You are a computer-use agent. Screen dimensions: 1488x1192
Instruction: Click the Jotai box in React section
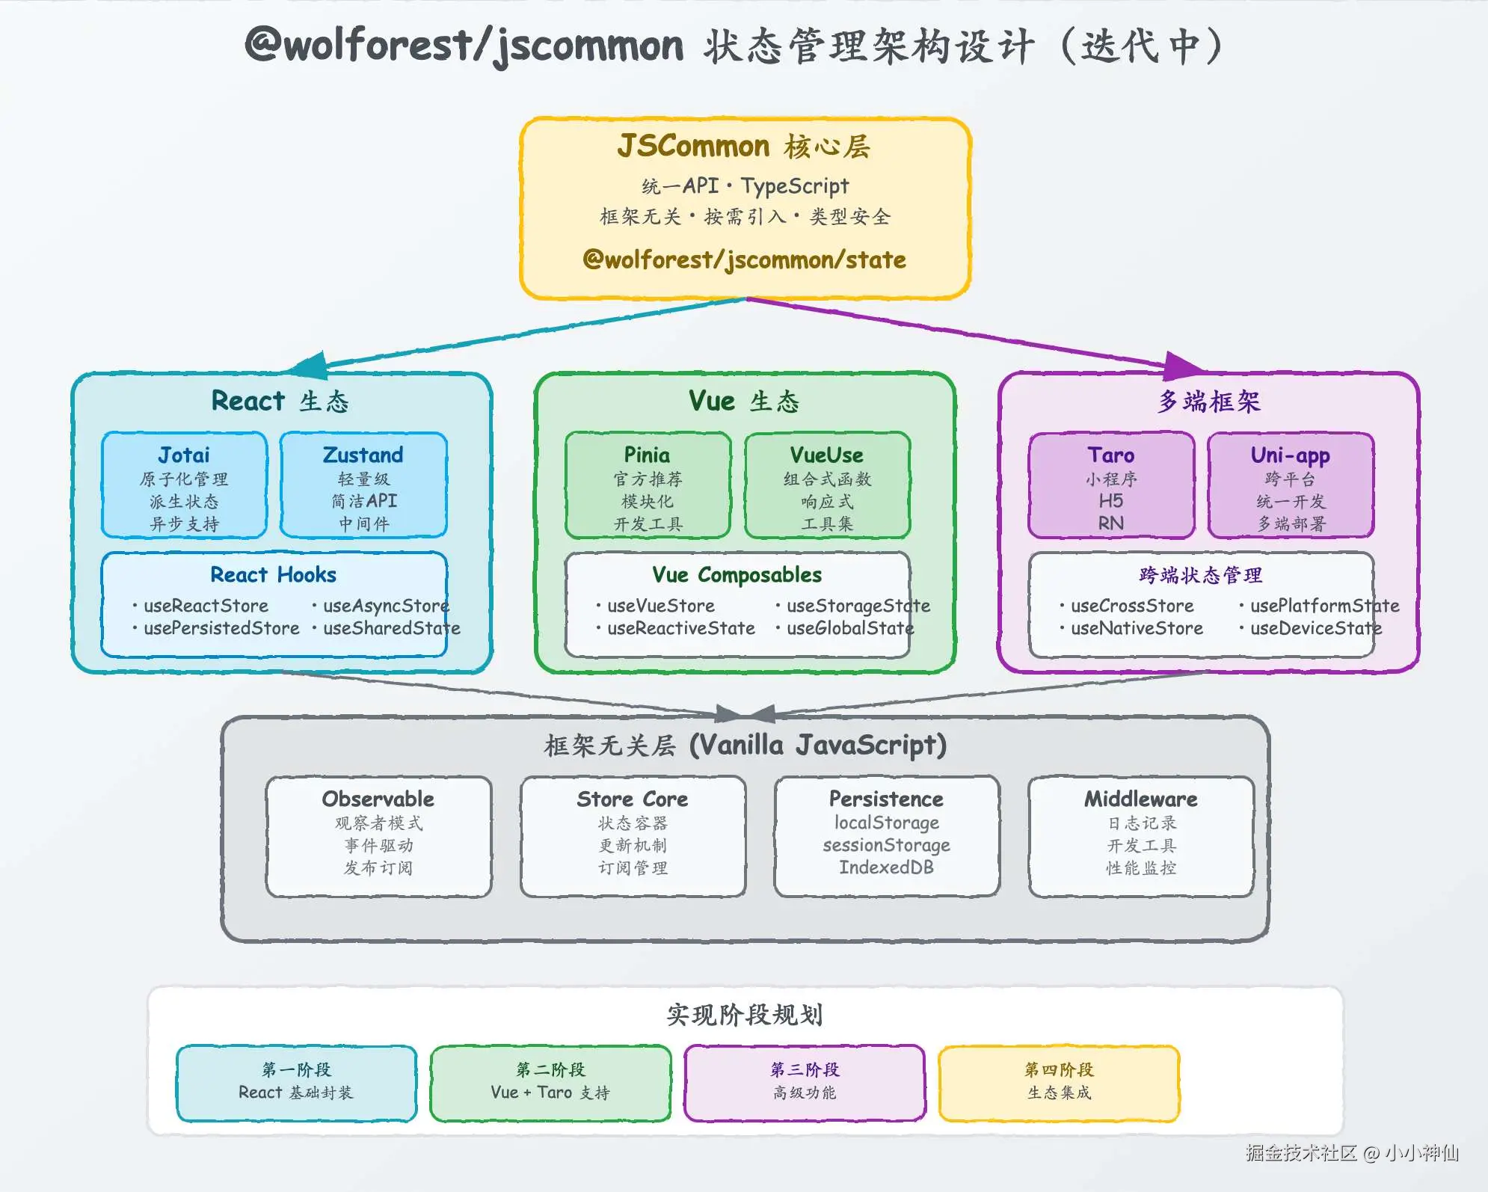pos(184,485)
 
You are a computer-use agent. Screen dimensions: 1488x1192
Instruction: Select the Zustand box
pos(363,485)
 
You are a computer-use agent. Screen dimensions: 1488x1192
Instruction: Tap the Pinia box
pos(648,485)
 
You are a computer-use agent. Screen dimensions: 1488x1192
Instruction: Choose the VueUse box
pos(827,485)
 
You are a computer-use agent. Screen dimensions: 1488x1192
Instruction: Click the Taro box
pos(1111,485)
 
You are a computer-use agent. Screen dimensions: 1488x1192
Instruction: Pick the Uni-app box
pos(1291,485)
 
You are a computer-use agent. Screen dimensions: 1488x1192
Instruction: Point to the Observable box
pos(378,836)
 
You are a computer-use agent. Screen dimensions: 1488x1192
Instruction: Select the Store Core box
pos(633,836)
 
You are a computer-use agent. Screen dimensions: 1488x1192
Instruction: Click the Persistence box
pos(887,836)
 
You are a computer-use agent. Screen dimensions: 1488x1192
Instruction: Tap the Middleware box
pos(1141,836)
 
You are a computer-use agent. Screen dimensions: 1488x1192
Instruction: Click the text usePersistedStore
pos(221,628)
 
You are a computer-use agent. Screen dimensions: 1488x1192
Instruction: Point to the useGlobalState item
pos(850,628)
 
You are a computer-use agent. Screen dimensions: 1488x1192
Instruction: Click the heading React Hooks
pos(273,574)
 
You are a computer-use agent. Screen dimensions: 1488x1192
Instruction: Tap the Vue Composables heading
pos(737,574)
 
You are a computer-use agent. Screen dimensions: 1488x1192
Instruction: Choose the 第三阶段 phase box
pos(805,1083)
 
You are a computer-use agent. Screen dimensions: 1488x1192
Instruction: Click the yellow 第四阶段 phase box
pos(1059,1083)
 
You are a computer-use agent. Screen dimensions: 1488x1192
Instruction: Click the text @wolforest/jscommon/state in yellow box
pos(744,259)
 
